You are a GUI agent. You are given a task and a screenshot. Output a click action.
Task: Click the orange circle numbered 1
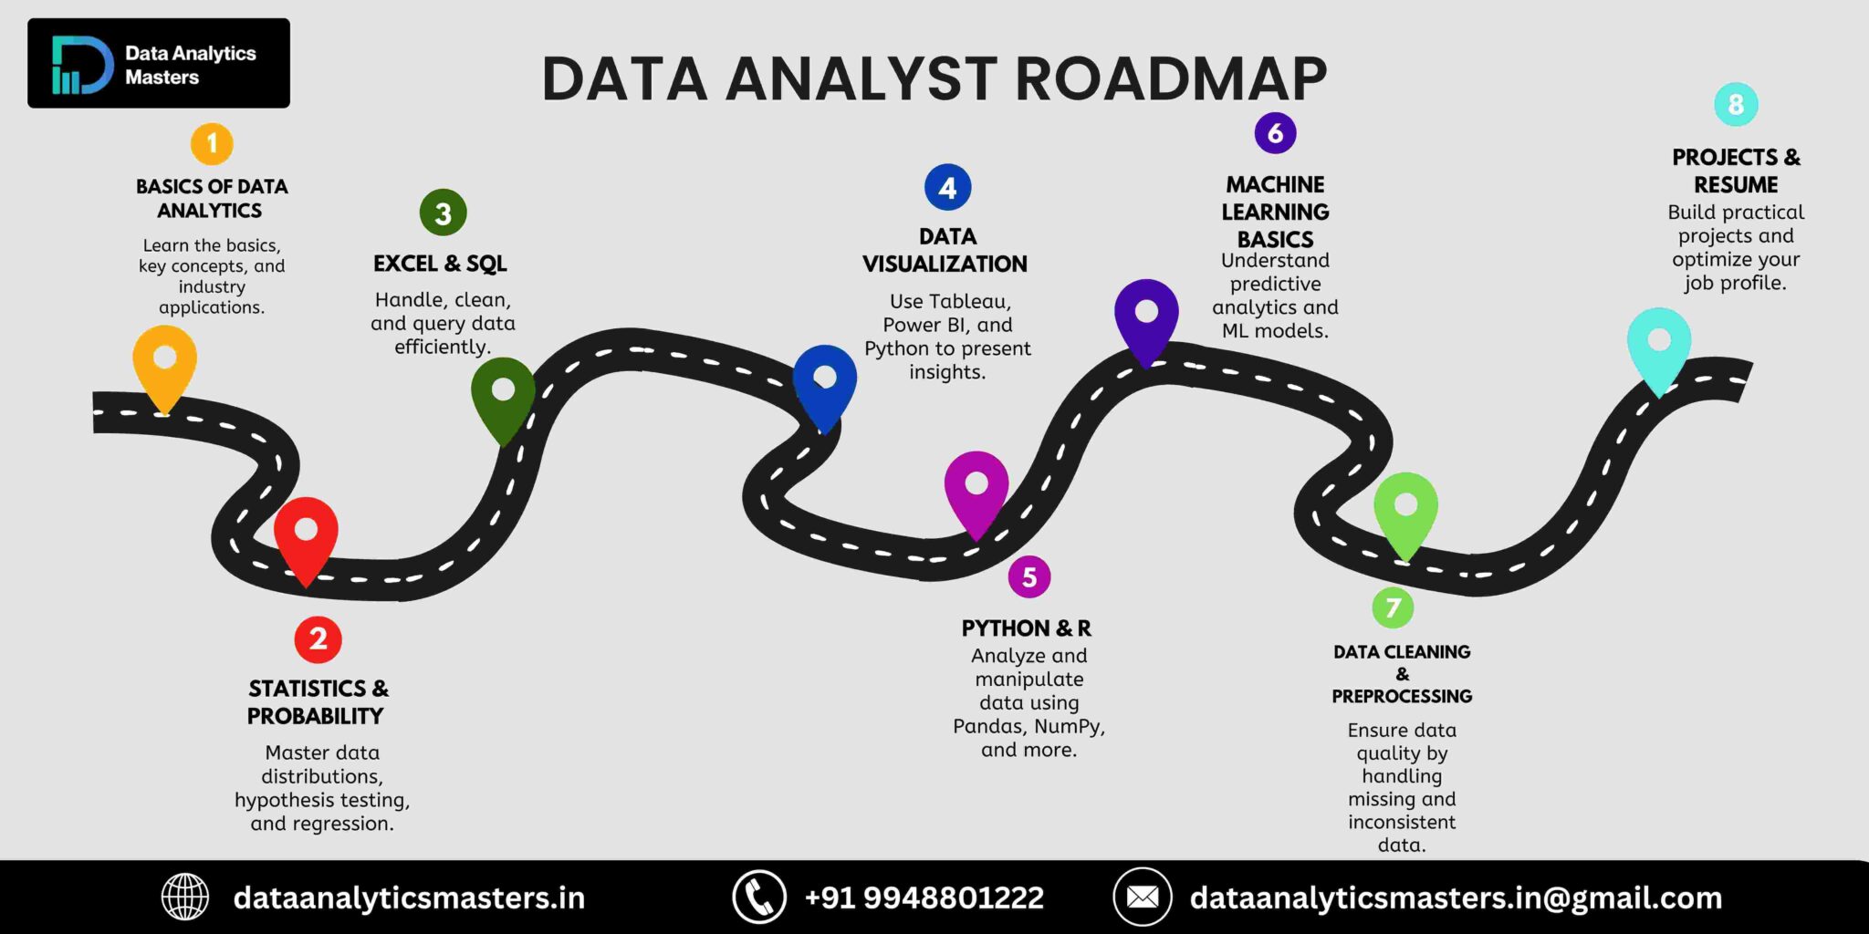212,144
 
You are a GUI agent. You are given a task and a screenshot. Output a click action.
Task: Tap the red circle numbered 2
318,638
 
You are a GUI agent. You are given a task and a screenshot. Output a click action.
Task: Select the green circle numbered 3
443,213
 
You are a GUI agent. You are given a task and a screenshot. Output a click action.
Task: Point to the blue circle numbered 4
947,188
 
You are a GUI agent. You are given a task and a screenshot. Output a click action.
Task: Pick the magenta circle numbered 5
1028,576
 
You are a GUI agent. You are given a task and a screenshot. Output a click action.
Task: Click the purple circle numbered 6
1275,133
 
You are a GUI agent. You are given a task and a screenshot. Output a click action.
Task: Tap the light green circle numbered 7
1393,607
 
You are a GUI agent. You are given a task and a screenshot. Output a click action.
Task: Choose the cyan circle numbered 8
1735,105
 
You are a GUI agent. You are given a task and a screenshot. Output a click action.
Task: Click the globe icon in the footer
185,897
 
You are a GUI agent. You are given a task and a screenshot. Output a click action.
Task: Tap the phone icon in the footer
758,897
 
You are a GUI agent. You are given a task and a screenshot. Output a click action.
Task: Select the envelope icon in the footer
1142,897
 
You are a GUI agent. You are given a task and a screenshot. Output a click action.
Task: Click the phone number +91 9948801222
924,898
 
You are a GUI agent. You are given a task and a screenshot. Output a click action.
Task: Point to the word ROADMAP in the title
1171,78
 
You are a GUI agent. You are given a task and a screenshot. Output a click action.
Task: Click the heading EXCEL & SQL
440,264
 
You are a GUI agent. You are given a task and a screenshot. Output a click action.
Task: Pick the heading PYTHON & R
1026,628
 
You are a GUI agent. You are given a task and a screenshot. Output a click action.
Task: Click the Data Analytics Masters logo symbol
81,65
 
